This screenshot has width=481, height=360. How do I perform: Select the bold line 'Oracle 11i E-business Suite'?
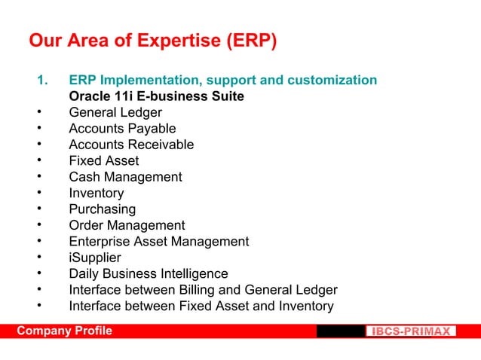tap(156, 96)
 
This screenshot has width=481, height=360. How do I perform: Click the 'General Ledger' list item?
tap(115, 113)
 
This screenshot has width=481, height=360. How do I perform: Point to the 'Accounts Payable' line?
tap(122, 129)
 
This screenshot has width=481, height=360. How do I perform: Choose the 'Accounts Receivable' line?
tap(131, 145)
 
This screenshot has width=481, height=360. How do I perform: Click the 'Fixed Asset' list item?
tap(104, 161)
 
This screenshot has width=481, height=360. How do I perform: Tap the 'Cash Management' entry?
tap(125, 177)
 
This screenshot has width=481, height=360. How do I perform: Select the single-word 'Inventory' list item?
tap(97, 194)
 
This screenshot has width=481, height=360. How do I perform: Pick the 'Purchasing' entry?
tap(103, 209)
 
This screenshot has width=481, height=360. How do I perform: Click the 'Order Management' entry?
tap(127, 226)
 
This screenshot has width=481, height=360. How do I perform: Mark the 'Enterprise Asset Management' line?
tap(158, 242)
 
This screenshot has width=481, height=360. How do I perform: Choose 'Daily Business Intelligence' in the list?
tap(149, 274)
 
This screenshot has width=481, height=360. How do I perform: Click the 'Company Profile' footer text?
tap(65, 331)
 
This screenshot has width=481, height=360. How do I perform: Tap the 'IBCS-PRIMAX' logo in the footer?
tap(411, 331)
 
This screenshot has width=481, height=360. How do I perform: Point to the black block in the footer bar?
tap(340, 331)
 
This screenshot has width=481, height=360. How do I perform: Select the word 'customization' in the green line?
tap(335, 81)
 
